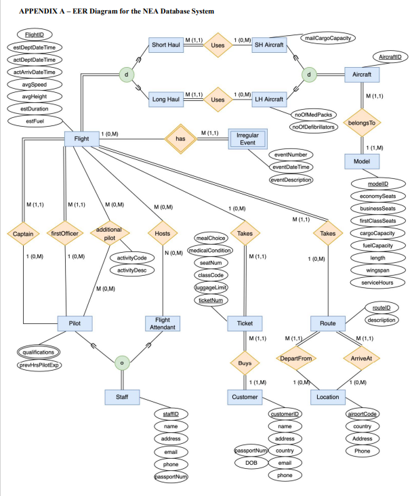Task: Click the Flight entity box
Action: pos(81,139)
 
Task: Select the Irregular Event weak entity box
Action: pos(247,139)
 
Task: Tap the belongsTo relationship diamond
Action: pos(363,123)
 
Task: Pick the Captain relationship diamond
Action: pos(22,234)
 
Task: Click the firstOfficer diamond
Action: pos(65,234)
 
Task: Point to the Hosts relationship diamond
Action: pos(163,234)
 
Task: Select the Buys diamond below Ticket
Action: pos(245,364)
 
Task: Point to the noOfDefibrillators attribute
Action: pos(312,127)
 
